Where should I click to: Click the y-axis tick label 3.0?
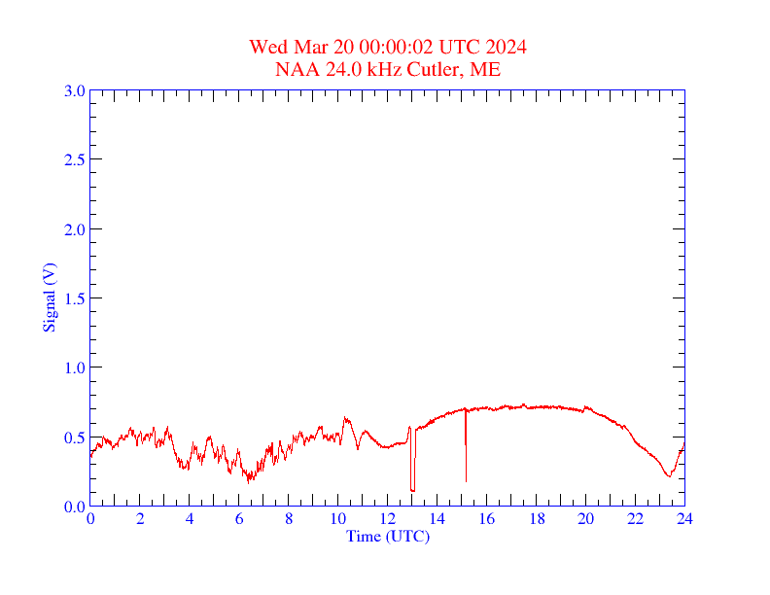pyautogui.click(x=74, y=90)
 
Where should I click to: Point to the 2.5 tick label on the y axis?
pyautogui.click(x=74, y=159)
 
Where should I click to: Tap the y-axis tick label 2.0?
pyautogui.click(x=74, y=229)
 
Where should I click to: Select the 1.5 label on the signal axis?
pyautogui.click(x=74, y=298)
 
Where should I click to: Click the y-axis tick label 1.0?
pyautogui.click(x=74, y=367)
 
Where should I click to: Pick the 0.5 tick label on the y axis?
pyautogui.click(x=74, y=437)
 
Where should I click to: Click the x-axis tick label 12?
pyautogui.click(x=388, y=520)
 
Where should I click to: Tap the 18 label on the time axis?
pyautogui.click(x=537, y=520)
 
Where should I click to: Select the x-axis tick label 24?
pyautogui.click(x=684, y=520)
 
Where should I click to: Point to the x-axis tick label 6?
pyautogui.click(x=239, y=520)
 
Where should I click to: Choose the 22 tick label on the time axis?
pyautogui.click(x=636, y=520)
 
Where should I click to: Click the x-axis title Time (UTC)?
pyautogui.click(x=388, y=536)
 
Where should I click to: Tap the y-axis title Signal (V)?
pyautogui.click(x=49, y=297)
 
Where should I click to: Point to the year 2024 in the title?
pyautogui.click(x=507, y=47)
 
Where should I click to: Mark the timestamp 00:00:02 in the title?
pyautogui.click(x=396, y=47)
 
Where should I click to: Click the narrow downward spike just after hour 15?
pyautogui.click(x=466, y=457)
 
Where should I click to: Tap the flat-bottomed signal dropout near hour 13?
pyautogui.click(x=412, y=488)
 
